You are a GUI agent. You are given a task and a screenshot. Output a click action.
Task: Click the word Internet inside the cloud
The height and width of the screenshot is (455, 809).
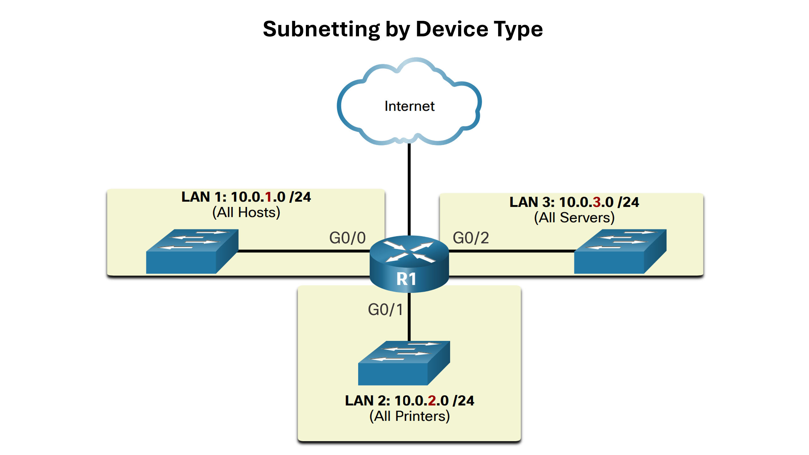(x=409, y=106)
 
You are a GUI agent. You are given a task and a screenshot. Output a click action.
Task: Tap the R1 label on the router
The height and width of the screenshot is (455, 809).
(x=406, y=279)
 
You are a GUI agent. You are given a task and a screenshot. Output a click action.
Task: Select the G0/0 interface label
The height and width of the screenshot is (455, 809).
(x=347, y=238)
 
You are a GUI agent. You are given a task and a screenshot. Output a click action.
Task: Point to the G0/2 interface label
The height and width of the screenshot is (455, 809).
(x=471, y=238)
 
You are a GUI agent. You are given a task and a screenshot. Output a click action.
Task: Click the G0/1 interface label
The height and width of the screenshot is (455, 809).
(x=385, y=310)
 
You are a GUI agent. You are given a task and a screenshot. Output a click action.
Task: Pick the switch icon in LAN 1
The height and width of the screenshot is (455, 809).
(x=192, y=252)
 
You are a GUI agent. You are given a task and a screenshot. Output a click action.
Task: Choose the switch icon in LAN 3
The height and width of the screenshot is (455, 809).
(x=620, y=252)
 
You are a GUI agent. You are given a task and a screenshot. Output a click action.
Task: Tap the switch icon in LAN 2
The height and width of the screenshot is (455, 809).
(x=404, y=363)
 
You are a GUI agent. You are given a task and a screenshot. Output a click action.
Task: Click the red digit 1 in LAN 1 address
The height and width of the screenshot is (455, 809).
(x=268, y=197)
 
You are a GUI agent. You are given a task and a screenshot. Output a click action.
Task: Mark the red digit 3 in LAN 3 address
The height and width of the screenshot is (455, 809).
(x=597, y=202)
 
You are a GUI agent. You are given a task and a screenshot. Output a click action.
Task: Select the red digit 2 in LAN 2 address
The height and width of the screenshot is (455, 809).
(x=432, y=401)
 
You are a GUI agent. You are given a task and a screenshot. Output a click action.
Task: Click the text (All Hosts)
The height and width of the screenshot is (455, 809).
(x=246, y=213)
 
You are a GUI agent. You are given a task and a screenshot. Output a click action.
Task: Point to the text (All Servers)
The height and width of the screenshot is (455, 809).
(x=574, y=218)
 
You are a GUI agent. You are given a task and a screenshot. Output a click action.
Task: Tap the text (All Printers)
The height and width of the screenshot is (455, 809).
(x=410, y=416)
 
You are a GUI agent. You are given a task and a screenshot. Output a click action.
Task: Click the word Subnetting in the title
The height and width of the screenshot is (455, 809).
(x=321, y=29)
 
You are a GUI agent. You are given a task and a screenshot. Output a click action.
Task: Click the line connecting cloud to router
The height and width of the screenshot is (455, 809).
(x=409, y=190)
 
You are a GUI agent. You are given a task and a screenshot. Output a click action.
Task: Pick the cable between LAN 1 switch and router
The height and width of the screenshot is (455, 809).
(x=303, y=251)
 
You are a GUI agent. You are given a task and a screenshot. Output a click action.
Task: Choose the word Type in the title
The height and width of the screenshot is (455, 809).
(x=518, y=29)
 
